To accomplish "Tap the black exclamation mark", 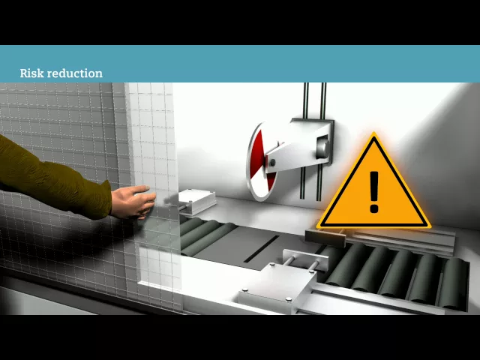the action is point(374,192).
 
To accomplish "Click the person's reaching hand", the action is point(133,202).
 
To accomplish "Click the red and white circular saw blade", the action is point(261,162).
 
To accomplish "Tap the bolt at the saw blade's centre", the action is point(272,163).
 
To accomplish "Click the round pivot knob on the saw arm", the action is point(322,148).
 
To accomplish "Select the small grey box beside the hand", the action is point(196,202).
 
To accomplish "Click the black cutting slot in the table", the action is point(261,249).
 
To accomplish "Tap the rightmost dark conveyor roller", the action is point(453,283).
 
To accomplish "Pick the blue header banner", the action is point(240,64).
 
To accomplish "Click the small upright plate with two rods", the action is point(305,259).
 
